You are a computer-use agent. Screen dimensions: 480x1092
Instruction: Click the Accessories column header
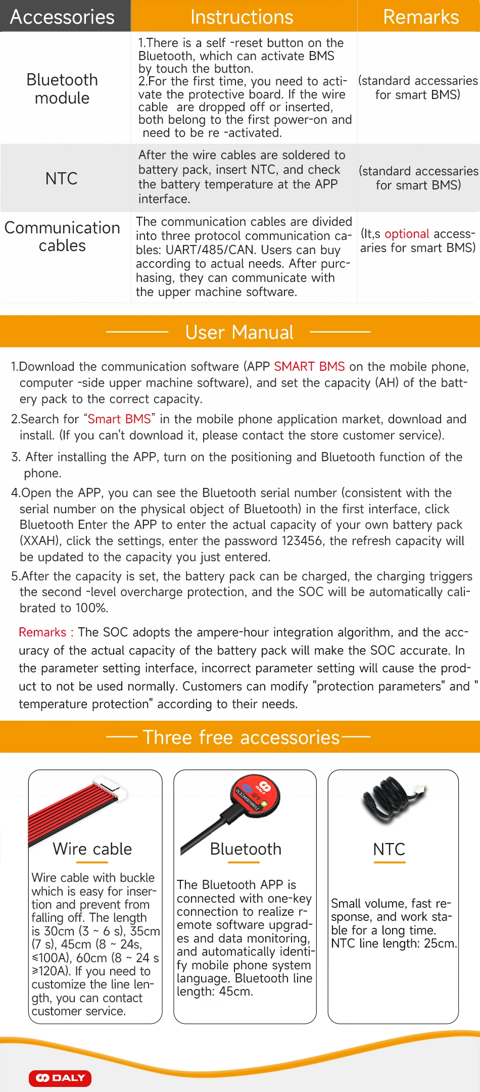62,17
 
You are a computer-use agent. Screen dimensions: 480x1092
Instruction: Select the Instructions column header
242,17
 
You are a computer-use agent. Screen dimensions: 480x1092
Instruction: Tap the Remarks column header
421,17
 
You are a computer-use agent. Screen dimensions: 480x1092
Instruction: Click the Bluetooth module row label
62,89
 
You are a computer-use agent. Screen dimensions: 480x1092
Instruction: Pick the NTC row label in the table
62,179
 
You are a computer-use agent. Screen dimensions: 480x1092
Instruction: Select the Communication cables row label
62,236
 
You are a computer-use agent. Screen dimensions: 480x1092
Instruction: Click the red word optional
407,234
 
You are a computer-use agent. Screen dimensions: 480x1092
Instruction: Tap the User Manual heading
239,332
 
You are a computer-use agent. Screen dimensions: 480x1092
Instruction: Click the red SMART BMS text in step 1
309,367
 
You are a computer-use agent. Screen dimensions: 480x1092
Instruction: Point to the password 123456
302,541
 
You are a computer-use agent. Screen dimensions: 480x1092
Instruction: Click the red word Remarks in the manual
42,632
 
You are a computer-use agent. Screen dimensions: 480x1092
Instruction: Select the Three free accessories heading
241,737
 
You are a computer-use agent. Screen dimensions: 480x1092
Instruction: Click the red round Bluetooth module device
255,793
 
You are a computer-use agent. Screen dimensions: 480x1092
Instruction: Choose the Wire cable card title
92,849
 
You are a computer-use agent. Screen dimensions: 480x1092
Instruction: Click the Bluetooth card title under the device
246,849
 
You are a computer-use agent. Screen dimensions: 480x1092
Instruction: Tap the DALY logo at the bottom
60,1078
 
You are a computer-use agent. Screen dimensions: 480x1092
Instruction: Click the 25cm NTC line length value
441,943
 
